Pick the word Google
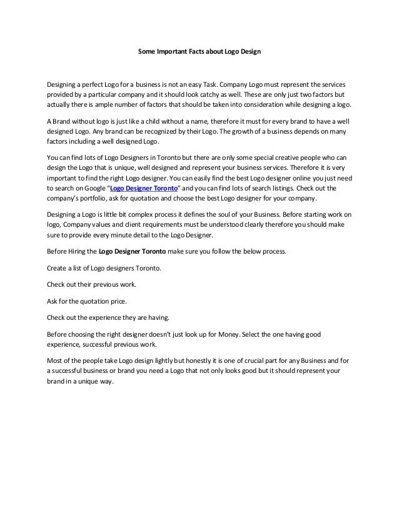94,187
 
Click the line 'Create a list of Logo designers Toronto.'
104,268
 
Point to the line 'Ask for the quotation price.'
85,300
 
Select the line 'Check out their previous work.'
91,284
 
